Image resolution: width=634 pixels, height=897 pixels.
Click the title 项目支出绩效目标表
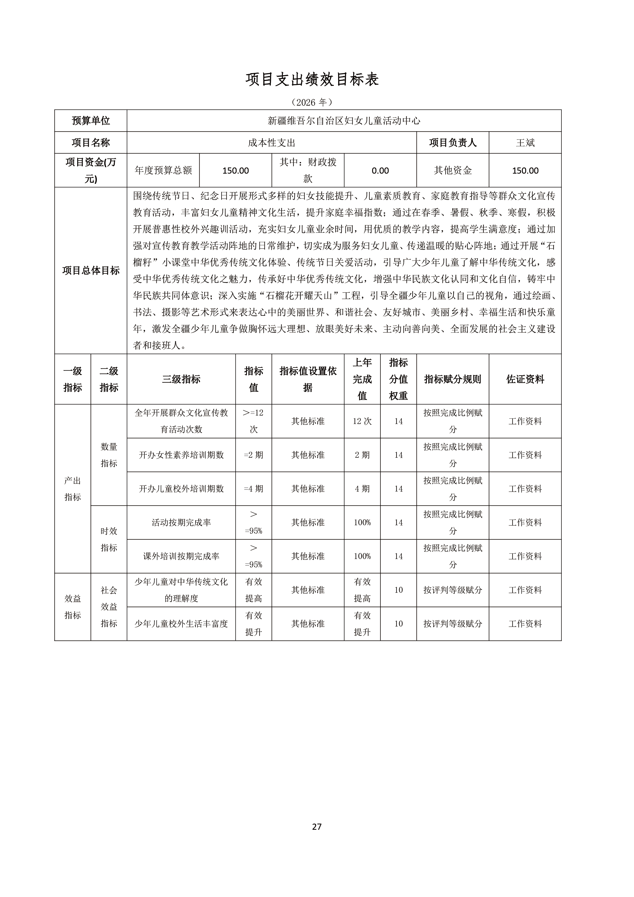pos(312,80)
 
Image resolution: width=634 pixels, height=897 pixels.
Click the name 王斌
pos(525,143)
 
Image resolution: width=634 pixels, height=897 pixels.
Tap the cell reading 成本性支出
pos(272,143)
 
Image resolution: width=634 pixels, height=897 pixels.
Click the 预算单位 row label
pos(90,121)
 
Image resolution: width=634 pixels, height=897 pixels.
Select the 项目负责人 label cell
pos(453,143)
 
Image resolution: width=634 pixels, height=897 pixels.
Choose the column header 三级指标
pos(181,379)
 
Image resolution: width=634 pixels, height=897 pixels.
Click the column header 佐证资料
pos(525,379)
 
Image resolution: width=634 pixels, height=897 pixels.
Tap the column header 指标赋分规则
pos(453,379)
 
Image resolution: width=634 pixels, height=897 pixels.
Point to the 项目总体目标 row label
pos(90,270)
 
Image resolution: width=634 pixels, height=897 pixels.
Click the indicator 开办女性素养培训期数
pos(181,455)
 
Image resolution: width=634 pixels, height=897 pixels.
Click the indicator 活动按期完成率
pos(181,522)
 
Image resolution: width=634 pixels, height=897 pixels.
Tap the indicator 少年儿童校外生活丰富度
pos(181,623)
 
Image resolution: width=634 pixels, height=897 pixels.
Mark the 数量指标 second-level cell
pos(109,455)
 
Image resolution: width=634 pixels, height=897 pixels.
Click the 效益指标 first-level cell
pos(73,607)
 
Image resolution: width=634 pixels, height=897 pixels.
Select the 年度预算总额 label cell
pos(163,170)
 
